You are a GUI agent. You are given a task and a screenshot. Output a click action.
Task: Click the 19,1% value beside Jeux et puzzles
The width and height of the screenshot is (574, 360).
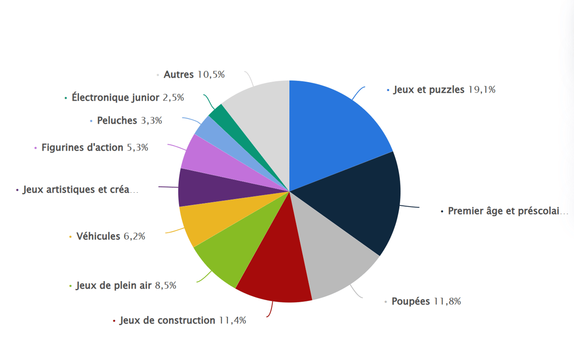[482, 90]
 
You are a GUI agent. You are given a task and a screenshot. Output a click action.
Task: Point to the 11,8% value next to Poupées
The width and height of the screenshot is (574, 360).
[447, 302]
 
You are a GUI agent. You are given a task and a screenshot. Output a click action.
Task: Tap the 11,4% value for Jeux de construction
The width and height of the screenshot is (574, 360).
[232, 321]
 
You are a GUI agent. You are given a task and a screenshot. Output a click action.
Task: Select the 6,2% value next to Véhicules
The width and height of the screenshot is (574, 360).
[134, 236]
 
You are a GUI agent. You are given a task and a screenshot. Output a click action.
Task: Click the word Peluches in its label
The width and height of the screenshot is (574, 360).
[117, 121]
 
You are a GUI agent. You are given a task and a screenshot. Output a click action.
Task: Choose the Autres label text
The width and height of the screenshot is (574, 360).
[179, 74]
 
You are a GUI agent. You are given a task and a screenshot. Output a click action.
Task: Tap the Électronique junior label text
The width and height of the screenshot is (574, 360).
[116, 97]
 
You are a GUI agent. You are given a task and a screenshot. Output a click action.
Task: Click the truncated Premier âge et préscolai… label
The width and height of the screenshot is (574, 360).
[507, 211]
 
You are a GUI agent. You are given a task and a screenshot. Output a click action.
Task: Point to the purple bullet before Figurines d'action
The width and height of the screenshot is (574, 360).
[35, 148]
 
